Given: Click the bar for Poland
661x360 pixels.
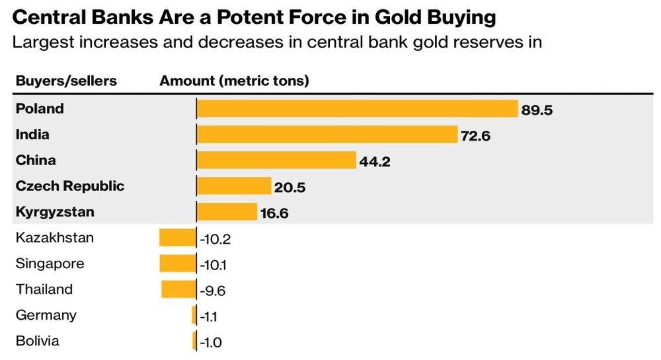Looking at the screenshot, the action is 358,108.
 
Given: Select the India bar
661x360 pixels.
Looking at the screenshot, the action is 327,134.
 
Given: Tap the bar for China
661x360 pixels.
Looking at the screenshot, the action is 276,160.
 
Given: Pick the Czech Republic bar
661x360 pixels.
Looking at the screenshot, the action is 234,186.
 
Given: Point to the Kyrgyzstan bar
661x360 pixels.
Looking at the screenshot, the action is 227,211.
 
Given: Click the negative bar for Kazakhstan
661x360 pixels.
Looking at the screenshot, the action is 177,238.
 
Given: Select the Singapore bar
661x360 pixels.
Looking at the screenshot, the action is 178,263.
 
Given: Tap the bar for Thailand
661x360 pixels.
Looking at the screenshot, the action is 178,289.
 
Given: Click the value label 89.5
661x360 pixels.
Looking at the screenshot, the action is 537,110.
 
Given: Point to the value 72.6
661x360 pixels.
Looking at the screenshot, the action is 475,136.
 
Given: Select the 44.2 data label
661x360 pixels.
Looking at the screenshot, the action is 375,162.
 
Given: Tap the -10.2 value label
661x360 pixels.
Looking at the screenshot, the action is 215,240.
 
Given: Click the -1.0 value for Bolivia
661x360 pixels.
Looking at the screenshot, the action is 211,342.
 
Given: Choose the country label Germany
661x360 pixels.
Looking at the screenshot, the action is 46,316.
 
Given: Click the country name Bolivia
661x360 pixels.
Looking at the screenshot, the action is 37,341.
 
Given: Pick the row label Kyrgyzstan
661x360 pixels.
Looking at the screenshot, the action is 55,212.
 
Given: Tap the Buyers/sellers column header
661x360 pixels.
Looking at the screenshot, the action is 66,81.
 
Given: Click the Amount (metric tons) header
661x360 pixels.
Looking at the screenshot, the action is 234,81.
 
